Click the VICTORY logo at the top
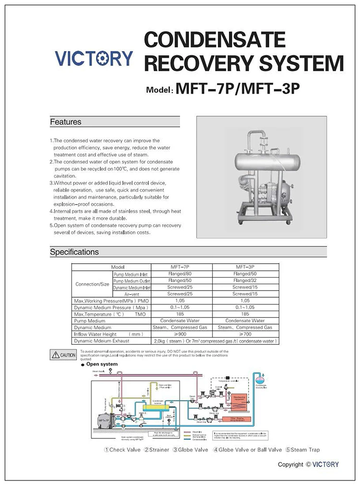(x=94, y=58)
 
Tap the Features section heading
(x=66, y=122)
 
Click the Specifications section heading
(x=74, y=252)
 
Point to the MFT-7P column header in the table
(x=181, y=267)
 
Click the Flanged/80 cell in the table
(x=181, y=274)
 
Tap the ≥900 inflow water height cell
(x=181, y=333)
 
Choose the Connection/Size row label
(x=92, y=284)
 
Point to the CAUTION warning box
(x=63, y=355)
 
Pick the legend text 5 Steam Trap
(x=302, y=450)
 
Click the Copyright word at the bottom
(x=291, y=464)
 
